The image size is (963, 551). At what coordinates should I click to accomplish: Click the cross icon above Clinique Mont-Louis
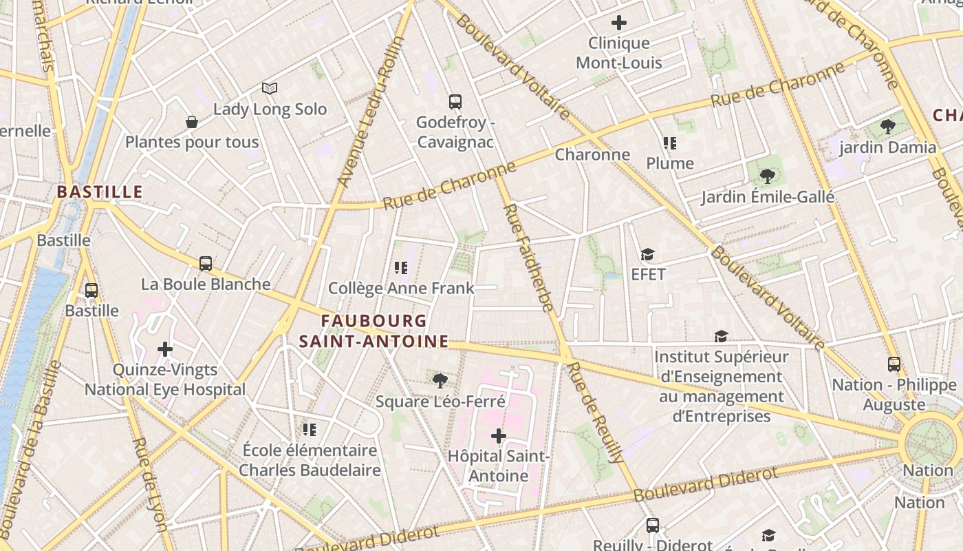pos(619,23)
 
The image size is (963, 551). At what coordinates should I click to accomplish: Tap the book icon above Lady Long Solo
pos(270,88)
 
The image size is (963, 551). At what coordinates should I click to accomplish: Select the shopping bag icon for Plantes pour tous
pos(192,122)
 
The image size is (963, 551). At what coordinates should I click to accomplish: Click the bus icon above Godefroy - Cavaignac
pos(455,102)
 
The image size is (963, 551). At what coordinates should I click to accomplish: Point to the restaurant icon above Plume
pos(670,143)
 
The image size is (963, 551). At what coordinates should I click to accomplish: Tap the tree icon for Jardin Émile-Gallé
pos(768,177)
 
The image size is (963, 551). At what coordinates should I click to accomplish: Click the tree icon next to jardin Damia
pos(888,127)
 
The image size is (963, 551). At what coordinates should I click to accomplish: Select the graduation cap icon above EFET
pos(647,255)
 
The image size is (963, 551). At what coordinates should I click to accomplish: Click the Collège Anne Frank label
pos(401,288)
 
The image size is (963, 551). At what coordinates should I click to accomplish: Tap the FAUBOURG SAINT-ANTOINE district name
pos(374,331)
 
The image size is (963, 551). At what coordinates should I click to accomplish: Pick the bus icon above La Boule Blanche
pos(206,264)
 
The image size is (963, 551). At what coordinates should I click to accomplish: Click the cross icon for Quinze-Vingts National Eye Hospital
pos(165,349)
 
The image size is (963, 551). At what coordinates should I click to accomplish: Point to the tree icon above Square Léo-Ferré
pos(440,380)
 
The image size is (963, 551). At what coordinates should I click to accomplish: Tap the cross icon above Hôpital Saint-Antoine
pos(499,436)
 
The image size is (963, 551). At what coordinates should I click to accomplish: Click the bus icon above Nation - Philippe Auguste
pos(894,364)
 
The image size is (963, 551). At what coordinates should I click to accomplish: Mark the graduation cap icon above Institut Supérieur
pos(721,336)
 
